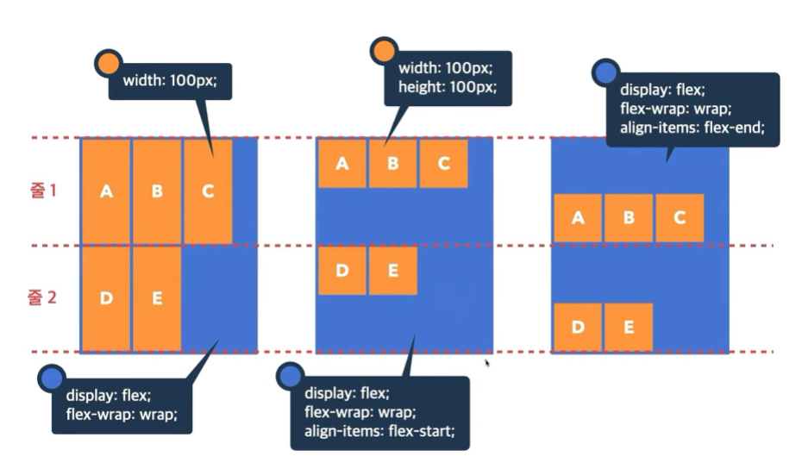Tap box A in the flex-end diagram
pyautogui.click(x=578, y=218)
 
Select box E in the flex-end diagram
pyautogui.click(x=629, y=327)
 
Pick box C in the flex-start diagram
pyautogui.click(x=443, y=164)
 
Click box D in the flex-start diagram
pyautogui.click(x=342, y=271)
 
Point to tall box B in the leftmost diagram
pyautogui.click(x=157, y=191)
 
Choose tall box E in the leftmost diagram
pyautogui.click(x=157, y=299)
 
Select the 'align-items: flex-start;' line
pyautogui.click(x=379, y=430)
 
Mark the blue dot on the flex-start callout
pyautogui.click(x=290, y=375)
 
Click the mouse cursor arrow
pyautogui.click(x=487, y=363)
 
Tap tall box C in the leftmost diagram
pyautogui.click(x=208, y=191)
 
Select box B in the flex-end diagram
pyautogui.click(x=629, y=218)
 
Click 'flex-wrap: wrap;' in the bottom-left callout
pyautogui.click(x=121, y=413)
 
